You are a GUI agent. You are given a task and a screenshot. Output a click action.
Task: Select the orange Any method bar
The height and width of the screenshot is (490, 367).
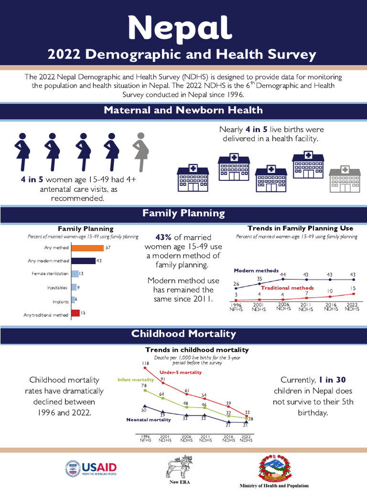tap(87, 247)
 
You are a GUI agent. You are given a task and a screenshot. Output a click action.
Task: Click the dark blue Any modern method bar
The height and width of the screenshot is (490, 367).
tap(83, 261)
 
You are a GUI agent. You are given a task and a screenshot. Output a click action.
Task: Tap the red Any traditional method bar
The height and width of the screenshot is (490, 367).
tap(76, 313)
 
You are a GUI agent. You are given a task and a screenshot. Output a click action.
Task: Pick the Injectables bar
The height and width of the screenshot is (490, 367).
tap(74, 287)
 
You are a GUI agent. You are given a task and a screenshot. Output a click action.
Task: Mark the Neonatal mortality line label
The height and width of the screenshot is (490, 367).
tap(149, 420)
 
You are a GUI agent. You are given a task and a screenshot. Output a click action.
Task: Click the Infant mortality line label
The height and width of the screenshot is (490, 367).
tap(135, 379)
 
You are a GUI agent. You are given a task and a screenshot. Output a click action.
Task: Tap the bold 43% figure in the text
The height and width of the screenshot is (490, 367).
tap(163, 237)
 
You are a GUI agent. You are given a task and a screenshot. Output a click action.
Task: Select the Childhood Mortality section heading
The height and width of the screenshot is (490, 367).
tap(183, 334)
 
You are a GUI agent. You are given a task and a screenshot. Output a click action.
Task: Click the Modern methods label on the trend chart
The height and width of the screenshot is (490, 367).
tap(256, 270)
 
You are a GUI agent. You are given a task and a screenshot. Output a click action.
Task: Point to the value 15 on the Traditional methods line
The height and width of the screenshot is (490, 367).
tap(352, 288)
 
